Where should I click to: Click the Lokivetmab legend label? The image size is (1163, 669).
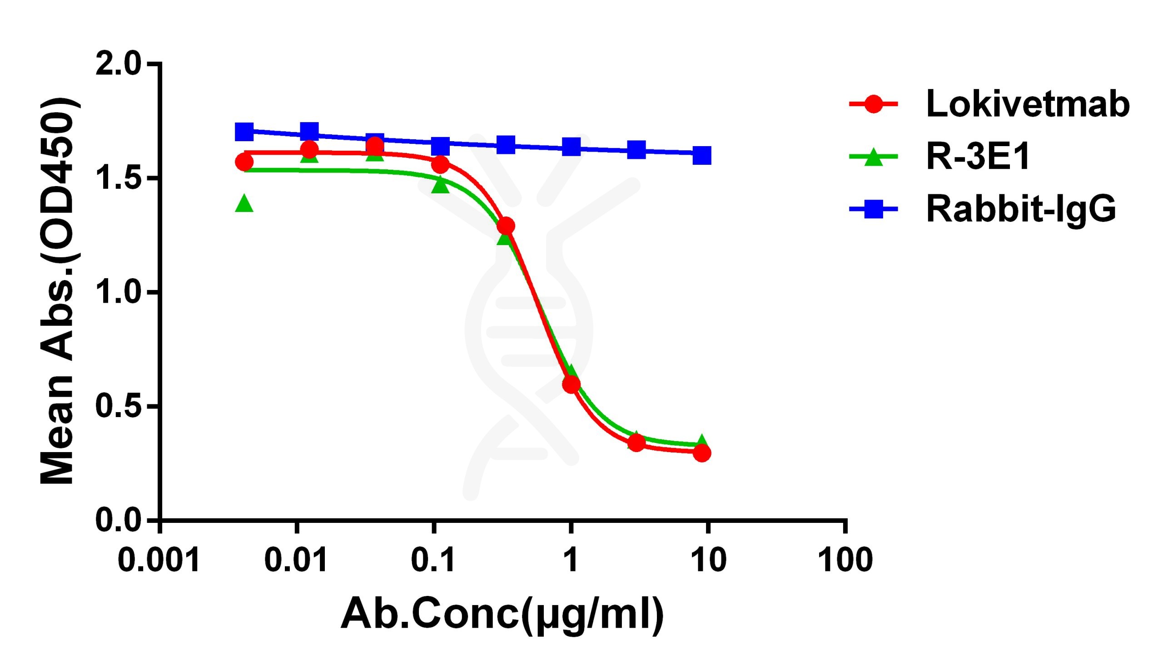click(1027, 104)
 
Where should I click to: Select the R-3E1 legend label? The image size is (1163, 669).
click(978, 157)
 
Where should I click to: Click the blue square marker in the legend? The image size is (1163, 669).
click(873, 210)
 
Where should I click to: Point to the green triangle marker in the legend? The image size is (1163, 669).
click(873, 157)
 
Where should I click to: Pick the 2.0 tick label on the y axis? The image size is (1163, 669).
click(118, 64)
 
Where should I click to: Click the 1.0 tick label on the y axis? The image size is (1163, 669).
click(118, 292)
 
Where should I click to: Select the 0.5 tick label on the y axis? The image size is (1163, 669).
click(118, 406)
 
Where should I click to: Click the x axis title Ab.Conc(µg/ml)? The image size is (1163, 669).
click(502, 615)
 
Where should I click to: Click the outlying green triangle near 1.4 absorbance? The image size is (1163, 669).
click(244, 203)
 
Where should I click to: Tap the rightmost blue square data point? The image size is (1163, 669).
click(702, 155)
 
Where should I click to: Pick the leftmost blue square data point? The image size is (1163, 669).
click(244, 132)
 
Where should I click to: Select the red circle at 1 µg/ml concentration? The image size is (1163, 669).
click(571, 384)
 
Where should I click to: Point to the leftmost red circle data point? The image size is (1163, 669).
click(244, 162)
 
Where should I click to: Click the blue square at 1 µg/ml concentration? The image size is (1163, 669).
click(571, 147)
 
